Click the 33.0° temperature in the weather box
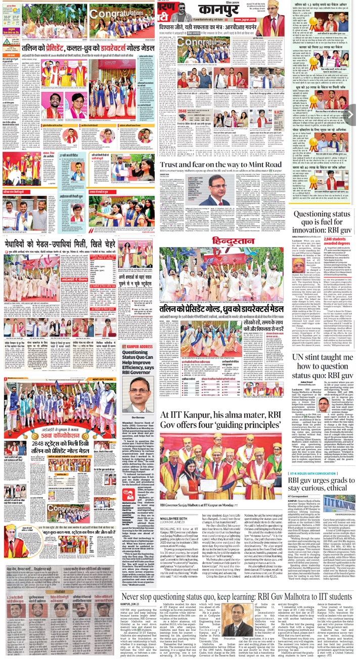click(8, 17)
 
